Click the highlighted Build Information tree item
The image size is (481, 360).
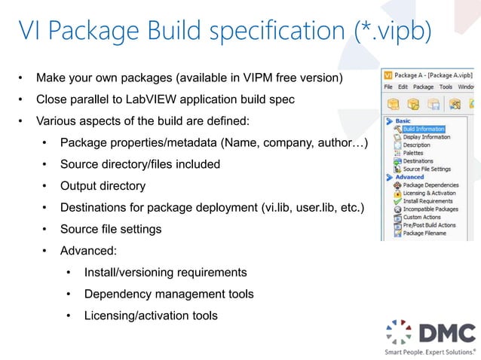423,129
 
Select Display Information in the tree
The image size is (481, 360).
426,137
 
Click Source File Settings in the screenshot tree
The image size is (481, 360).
427,169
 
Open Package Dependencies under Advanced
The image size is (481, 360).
430,185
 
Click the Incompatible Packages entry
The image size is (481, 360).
430,209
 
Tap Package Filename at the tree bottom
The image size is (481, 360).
424,233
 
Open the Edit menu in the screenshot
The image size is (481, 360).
403,87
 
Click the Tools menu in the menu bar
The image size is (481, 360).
446,87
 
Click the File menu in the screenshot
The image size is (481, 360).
389,87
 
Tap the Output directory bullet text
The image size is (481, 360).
103,185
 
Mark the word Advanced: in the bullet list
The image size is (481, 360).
88,250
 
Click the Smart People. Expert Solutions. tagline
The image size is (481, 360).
430,351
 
